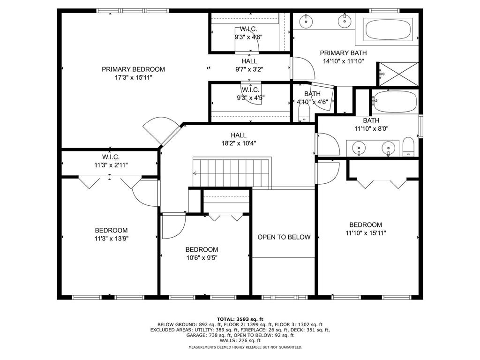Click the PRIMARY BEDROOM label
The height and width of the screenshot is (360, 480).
pos(134,69)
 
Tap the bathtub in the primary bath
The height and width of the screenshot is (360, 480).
pos(388,29)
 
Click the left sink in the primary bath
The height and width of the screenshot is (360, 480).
pos(306,20)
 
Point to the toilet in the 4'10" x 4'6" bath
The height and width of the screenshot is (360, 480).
pos(305,113)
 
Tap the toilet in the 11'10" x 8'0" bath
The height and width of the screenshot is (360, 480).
pos(409,146)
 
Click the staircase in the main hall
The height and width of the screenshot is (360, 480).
pos(232,173)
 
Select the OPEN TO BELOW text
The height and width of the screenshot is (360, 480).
pos(284,237)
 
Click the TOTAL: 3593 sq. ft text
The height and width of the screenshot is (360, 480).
pos(240,319)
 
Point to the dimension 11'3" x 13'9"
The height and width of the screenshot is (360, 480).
pos(111,238)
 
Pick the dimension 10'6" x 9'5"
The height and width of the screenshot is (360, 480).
pos(202,257)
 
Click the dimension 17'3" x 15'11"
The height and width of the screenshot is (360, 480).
pos(134,77)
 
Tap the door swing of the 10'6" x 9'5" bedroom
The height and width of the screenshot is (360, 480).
pos(172,227)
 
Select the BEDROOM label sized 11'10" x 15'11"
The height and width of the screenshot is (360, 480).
pos(366,225)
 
